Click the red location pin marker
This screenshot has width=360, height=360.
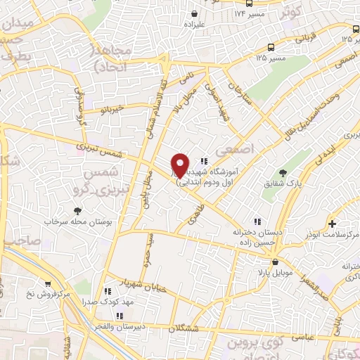(x=180, y=166)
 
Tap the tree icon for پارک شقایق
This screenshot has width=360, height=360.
(x=283, y=172)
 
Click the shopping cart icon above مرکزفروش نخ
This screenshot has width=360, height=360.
(x=47, y=284)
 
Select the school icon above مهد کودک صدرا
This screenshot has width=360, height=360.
(x=108, y=290)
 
